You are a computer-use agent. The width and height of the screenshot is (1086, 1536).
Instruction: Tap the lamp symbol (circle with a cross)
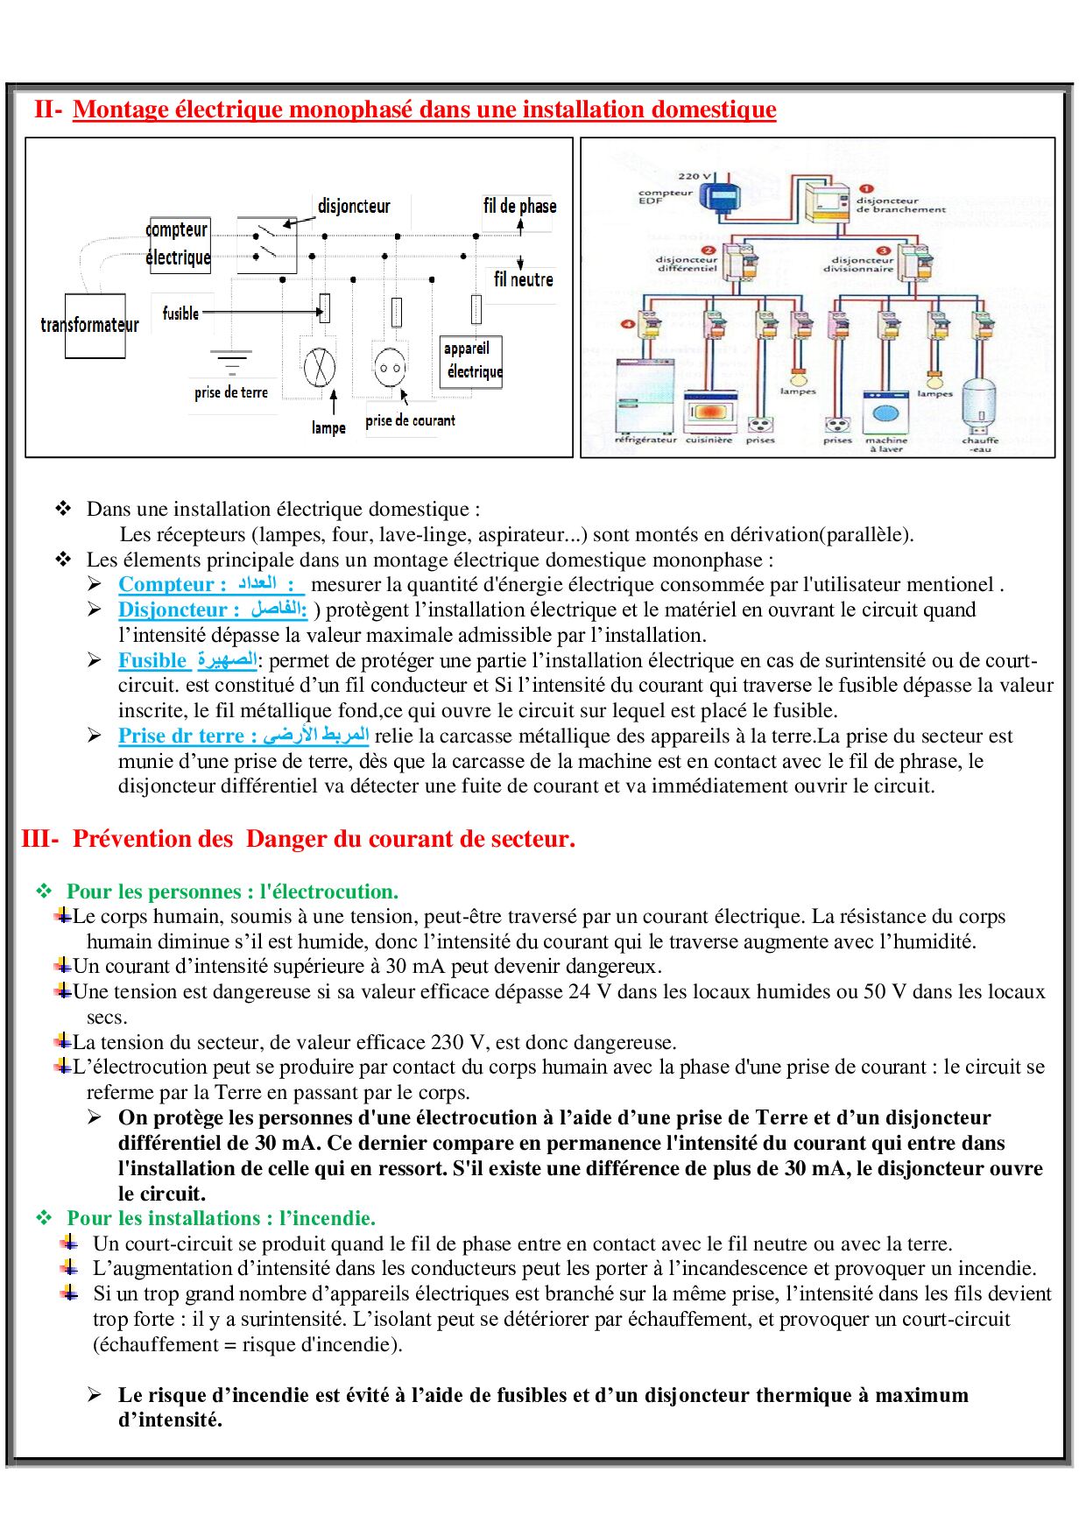coord(320,366)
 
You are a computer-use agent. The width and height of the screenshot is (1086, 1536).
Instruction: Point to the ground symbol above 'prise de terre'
coord(230,360)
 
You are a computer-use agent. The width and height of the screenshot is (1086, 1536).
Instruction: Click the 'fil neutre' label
coord(523,279)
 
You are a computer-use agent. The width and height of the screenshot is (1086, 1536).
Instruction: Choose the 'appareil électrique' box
coord(471,361)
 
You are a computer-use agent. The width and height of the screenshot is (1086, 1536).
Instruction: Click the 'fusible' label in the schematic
coord(180,313)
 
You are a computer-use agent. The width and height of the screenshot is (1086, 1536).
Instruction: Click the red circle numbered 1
coord(866,188)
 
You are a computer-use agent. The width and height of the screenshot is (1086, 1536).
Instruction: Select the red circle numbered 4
coord(627,324)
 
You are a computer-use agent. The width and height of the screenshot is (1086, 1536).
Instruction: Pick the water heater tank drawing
coord(980,407)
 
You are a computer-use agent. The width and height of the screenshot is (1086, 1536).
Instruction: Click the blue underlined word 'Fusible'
coord(152,660)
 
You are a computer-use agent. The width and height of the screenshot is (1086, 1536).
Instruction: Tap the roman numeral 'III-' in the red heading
coord(40,839)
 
